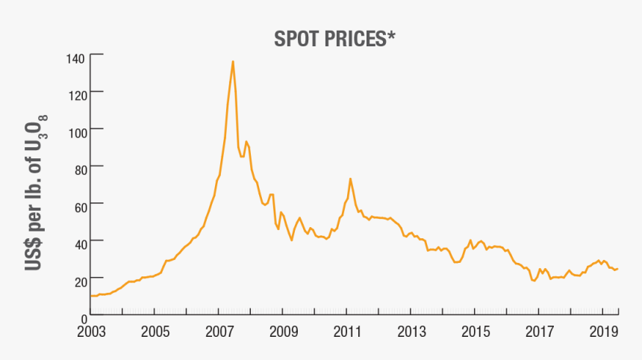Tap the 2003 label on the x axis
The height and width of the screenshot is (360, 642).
tap(90, 330)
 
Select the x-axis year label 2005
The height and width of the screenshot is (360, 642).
tap(154, 330)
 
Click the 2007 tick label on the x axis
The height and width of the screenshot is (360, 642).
tap(218, 330)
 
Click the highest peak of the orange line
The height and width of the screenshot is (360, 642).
tap(233, 62)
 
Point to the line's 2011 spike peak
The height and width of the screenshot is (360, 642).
tap(350, 179)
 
